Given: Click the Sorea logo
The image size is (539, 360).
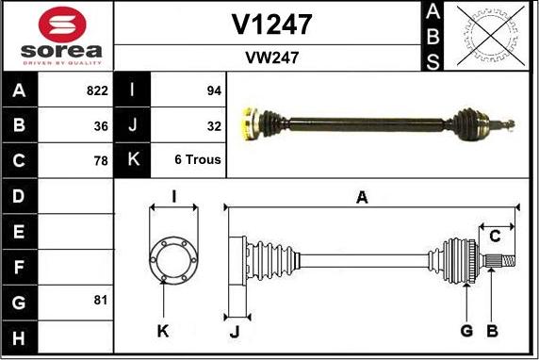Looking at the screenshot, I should coord(57,35).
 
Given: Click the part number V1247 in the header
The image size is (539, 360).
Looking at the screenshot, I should coord(272,24).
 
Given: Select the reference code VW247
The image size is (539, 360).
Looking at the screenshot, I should coord(271,57).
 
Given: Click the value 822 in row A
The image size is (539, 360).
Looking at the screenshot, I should coord(96,91).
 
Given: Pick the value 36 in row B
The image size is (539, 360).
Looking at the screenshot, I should coord(101,125).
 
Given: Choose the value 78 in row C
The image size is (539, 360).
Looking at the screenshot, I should coord(101,160).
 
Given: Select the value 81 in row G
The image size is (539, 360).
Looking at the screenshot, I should coord(101,300).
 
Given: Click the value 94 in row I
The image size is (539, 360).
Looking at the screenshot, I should coord(213,91).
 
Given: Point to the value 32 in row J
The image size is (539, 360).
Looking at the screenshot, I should coord(213,125).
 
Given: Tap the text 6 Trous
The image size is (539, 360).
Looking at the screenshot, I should coord(198,160).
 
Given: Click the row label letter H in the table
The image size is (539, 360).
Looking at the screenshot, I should coord(20,335).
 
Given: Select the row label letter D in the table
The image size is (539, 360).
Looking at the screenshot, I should coord(20,196).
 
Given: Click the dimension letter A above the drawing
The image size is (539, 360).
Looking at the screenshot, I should coord(361,196).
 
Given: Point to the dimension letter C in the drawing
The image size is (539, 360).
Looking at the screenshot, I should coord(494,236).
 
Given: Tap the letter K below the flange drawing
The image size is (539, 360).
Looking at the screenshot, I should coord(163,330).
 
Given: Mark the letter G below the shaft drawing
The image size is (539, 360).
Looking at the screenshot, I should coord(465,330).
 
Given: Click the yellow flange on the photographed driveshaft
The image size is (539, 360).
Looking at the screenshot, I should coord(251,122).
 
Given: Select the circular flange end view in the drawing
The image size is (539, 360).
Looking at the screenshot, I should coord(173,256).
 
